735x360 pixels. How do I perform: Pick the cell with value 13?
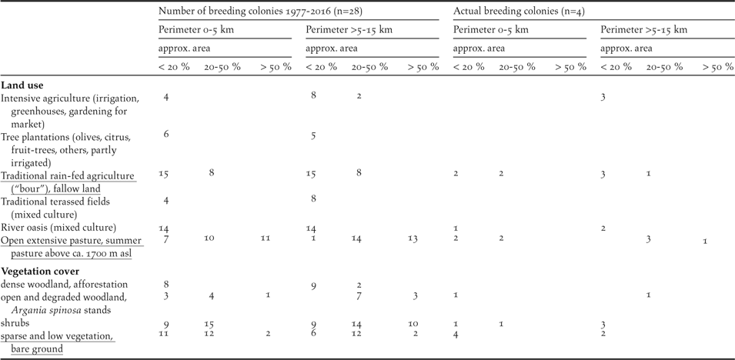click(413, 239)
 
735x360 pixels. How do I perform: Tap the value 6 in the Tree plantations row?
click(166, 135)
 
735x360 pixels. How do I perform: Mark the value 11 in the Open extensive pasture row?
click(266, 239)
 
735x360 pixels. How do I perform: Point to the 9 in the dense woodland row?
click(313, 286)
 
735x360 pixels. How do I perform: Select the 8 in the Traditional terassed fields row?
click(313, 201)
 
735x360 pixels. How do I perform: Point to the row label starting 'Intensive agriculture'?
click(69, 98)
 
